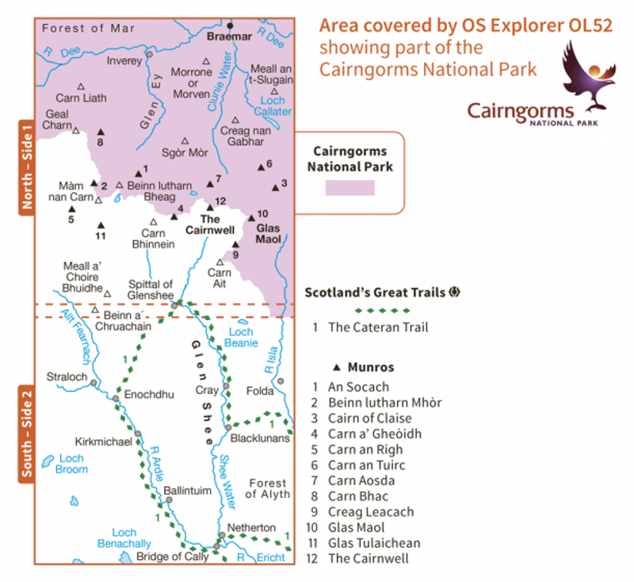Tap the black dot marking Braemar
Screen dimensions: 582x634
coord(231,25)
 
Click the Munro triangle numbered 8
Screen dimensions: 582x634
coord(101,132)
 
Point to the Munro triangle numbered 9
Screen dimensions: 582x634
coord(235,244)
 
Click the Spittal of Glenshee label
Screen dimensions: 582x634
coord(151,289)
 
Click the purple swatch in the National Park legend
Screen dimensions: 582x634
coord(349,187)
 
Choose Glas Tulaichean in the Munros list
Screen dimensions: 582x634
coord(374,543)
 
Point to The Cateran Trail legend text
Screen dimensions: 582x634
coord(378,327)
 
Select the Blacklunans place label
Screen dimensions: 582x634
coord(257,438)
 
